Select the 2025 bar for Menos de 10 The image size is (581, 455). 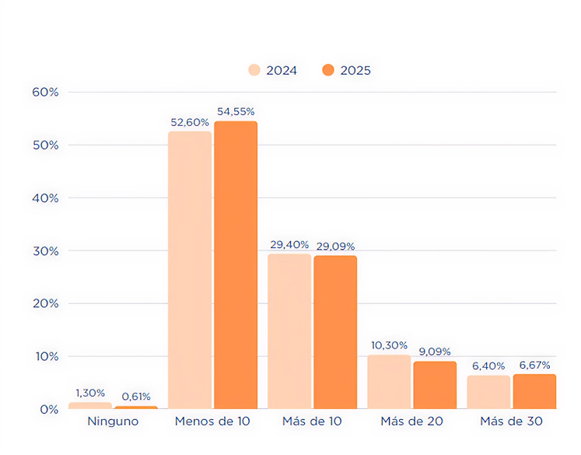tap(236, 264)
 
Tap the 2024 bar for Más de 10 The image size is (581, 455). tap(289, 331)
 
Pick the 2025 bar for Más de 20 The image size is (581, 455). tap(435, 385)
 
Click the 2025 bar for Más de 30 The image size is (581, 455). tap(534, 391)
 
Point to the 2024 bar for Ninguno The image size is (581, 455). tap(89, 405)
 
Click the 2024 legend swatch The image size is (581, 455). tap(254, 70)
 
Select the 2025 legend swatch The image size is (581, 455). tap(327, 70)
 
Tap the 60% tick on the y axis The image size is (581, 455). tap(45, 92)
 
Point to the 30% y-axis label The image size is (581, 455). tap(45, 251)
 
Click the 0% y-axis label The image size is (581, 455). tap(48, 409)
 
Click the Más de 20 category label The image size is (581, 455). tap(411, 422)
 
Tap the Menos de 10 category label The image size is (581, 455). tap(212, 422)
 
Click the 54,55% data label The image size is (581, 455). tap(236, 112)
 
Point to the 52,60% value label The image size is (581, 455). tap(190, 122)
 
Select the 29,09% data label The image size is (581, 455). tap(335, 247)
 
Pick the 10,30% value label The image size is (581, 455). tap(388, 345)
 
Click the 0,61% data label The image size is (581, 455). tap(136, 397)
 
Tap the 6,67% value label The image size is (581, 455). tap(534, 365)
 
